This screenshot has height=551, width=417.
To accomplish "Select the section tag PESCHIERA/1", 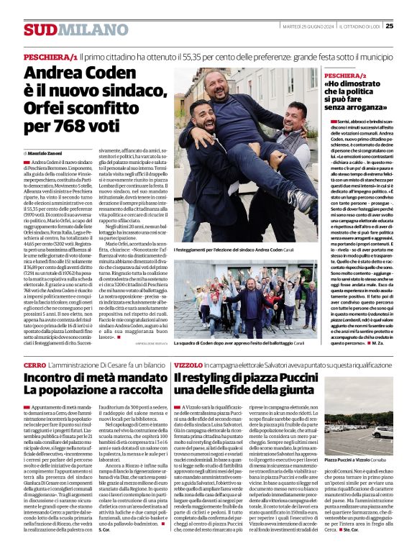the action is pyautogui.click(x=50, y=55).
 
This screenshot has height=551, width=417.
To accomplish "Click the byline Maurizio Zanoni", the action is pyautogui.click(x=45, y=154).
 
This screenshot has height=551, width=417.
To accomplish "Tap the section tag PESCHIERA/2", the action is pyautogui.click(x=345, y=75).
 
